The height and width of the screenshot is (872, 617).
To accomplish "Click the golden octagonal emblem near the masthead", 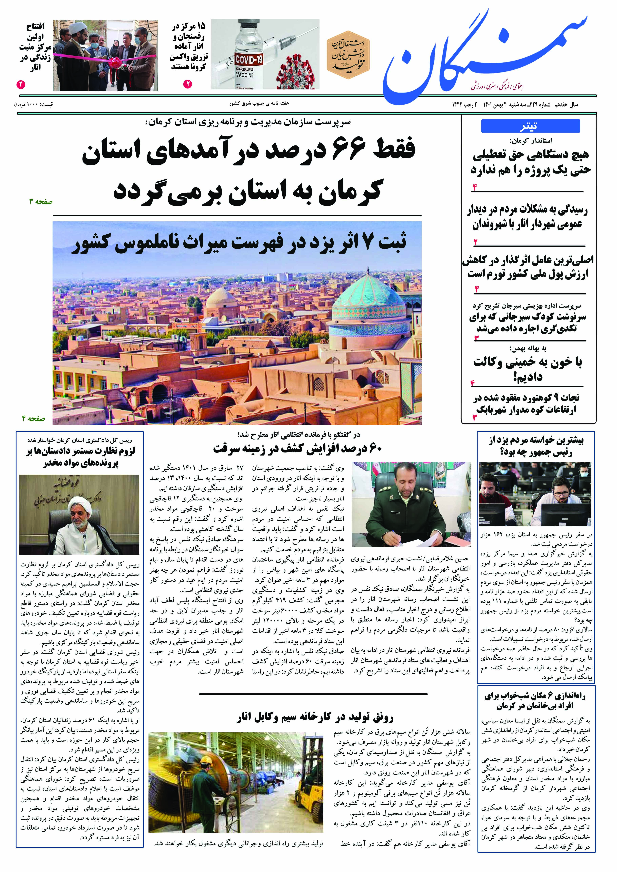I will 348,54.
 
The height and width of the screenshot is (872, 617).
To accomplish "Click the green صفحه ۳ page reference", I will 41,202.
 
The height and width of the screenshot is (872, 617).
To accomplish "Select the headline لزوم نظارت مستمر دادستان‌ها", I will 81,457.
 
